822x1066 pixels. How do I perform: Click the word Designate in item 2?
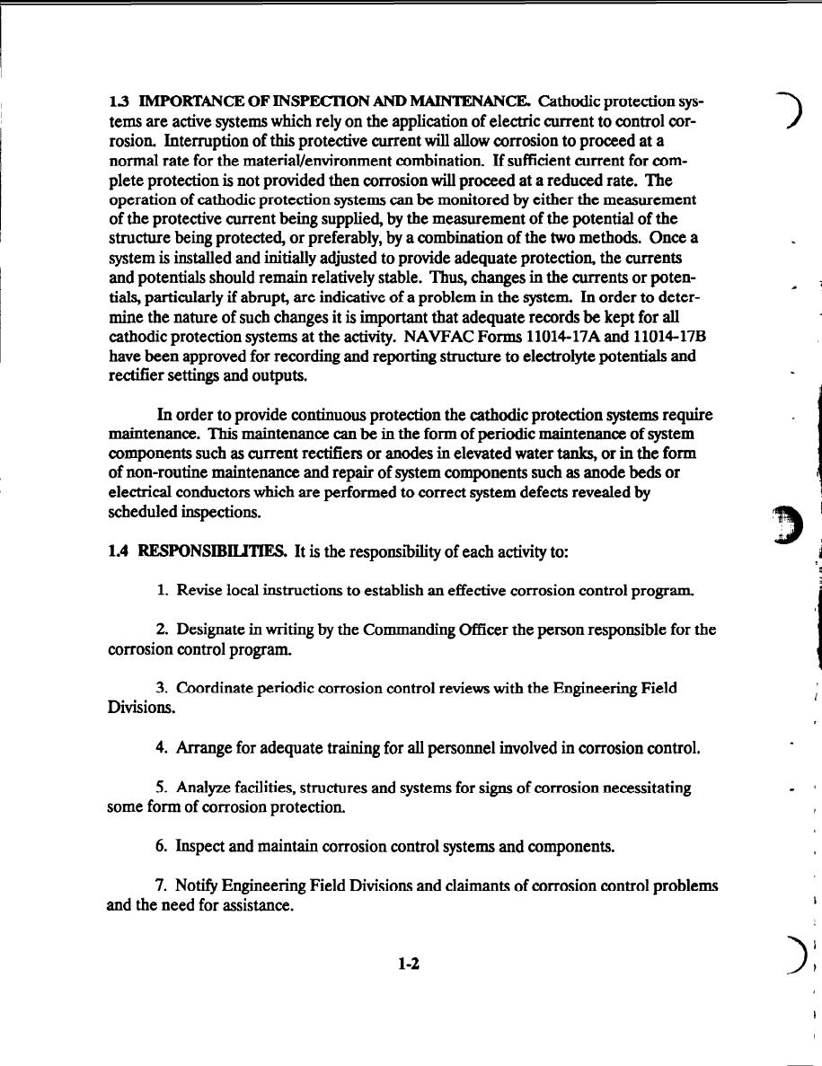(211, 630)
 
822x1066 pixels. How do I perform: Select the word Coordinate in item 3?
(216, 689)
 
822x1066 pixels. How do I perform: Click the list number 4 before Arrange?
(160, 748)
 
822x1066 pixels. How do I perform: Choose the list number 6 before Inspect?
(160, 847)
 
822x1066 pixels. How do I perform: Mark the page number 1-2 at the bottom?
(410, 965)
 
